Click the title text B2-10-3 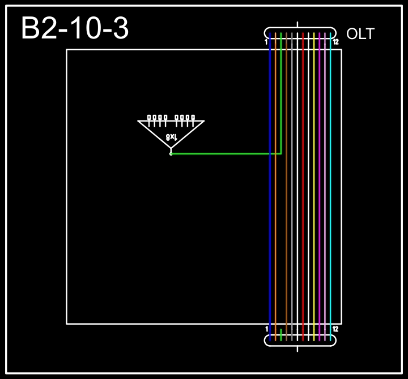pyautogui.click(x=75, y=28)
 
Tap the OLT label pyautogui.click(x=360, y=34)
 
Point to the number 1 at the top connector pyautogui.click(x=266, y=42)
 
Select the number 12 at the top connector pyautogui.click(x=335, y=42)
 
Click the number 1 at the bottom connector pyautogui.click(x=266, y=329)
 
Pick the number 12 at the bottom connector pyautogui.click(x=335, y=329)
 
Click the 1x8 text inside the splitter pyautogui.click(x=172, y=137)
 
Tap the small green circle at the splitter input pyautogui.click(x=171, y=154)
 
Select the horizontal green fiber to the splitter pyautogui.click(x=226, y=154)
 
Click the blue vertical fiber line pyautogui.click(x=270, y=187)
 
